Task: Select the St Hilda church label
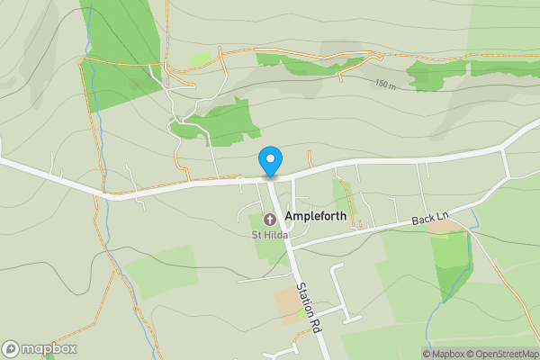pyautogui.click(x=269, y=236)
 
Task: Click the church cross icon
pyautogui.click(x=269, y=219)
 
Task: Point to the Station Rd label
pyautogui.click(x=310, y=310)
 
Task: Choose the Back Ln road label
pyautogui.click(x=429, y=220)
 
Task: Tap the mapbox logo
pyautogui.click(x=39, y=348)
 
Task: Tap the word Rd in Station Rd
pyautogui.click(x=316, y=324)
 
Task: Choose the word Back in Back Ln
pyautogui.click(x=423, y=220)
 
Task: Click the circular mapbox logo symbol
pyautogui.click(x=11, y=348)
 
